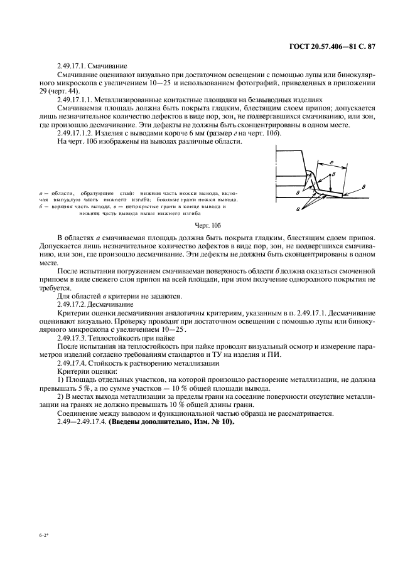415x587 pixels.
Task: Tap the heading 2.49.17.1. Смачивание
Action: point(92,65)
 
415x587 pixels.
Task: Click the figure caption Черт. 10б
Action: point(207,225)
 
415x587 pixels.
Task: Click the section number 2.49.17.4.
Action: point(75,363)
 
